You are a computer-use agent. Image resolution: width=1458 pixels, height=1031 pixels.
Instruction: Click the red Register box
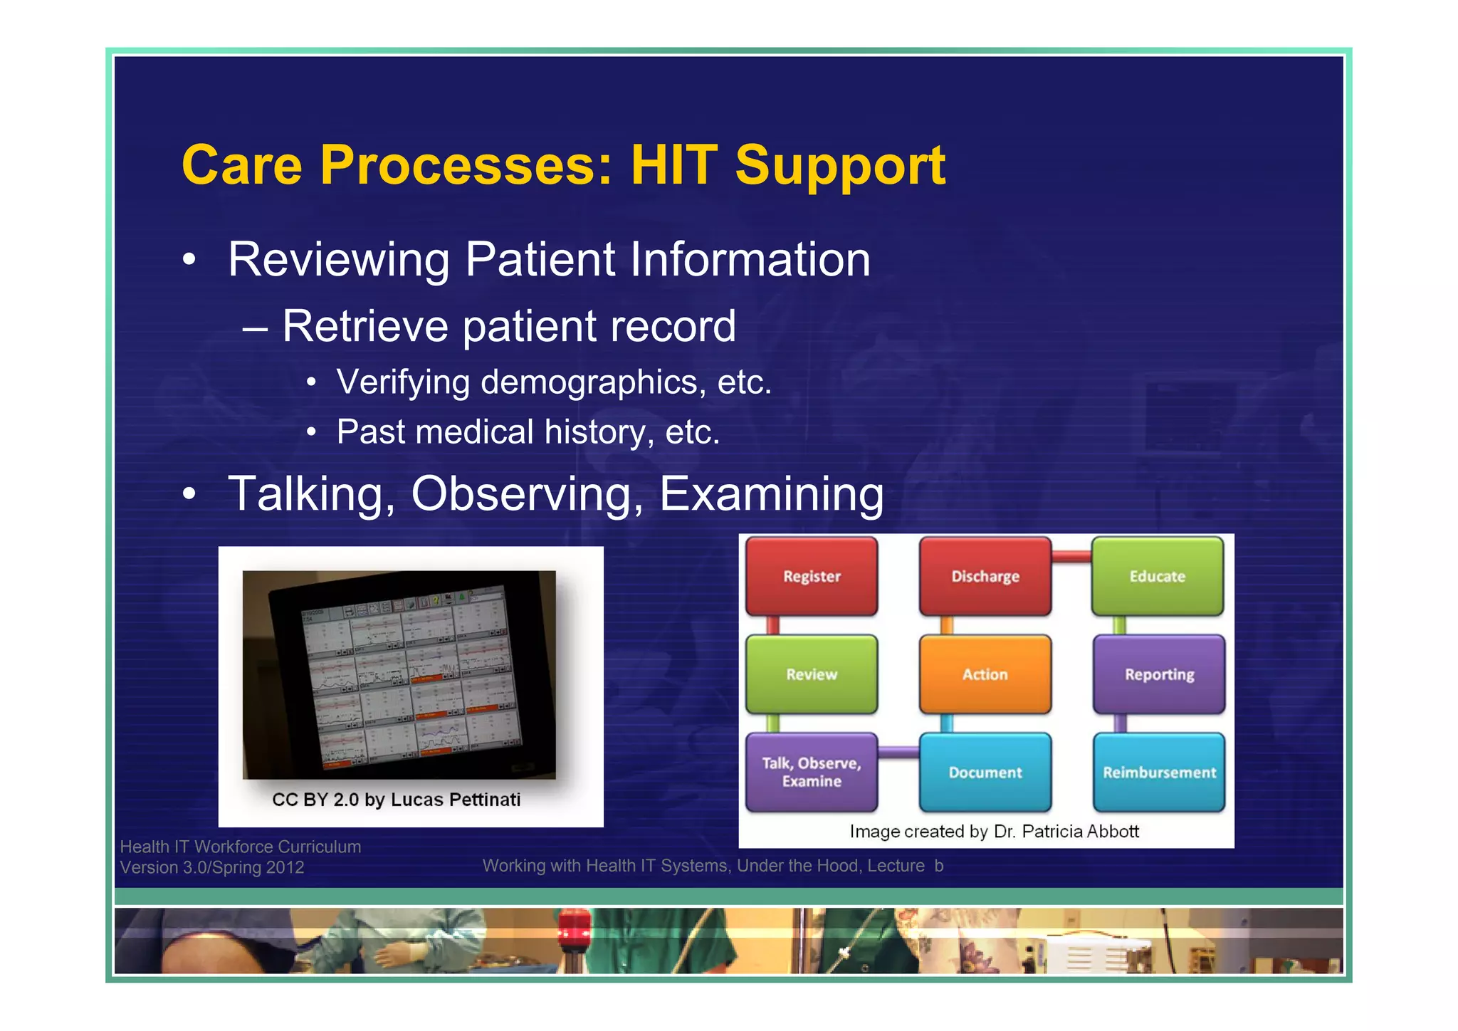[812, 576]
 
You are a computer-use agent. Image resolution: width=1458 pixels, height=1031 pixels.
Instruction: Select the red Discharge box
[985, 576]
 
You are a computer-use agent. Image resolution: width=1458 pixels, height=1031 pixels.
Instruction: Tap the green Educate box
[1158, 576]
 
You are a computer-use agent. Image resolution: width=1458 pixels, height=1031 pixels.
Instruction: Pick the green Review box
[812, 674]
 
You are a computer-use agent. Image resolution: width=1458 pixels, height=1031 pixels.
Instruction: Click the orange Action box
[985, 674]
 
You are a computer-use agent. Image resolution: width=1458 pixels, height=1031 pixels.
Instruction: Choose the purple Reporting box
[1159, 674]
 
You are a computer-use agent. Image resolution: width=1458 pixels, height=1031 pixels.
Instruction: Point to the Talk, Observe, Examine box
[812, 772]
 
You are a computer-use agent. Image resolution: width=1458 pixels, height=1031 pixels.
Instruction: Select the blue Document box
[985, 772]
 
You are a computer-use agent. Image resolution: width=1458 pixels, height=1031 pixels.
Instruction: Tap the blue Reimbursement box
[1159, 772]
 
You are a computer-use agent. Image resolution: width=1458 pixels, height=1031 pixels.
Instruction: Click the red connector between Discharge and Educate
[1071, 556]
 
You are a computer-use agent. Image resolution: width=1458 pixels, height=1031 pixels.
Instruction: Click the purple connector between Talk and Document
[898, 751]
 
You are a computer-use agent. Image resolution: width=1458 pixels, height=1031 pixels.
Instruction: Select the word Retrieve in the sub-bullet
[365, 326]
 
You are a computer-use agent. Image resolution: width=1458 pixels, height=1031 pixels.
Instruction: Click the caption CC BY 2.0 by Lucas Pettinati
[397, 800]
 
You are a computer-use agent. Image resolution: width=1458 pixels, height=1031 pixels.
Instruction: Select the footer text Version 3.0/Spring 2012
[212, 867]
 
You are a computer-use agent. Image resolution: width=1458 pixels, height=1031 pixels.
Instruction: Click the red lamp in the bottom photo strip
[574, 928]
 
